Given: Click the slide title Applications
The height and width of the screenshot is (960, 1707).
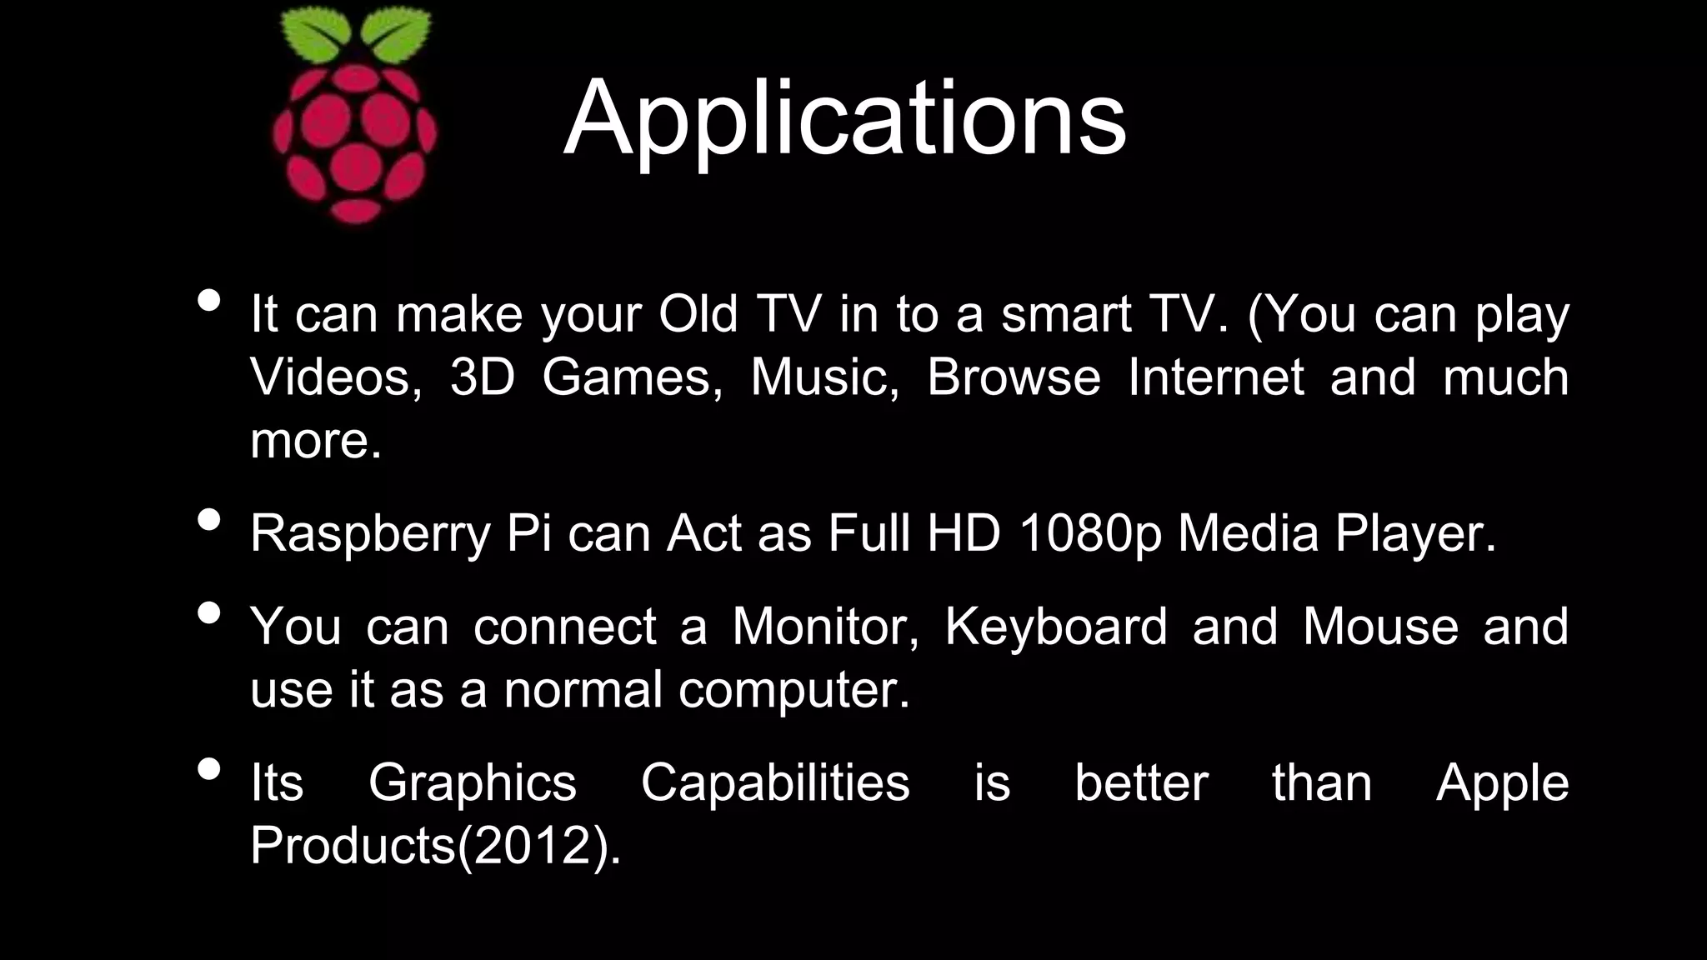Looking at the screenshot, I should tap(844, 118).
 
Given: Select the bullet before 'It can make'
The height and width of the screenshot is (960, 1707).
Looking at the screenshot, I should tap(210, 301).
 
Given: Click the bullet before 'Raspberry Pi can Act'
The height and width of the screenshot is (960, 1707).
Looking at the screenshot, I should tap(210, 520).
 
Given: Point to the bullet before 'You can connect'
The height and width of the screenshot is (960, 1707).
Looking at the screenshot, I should tap(210, 613).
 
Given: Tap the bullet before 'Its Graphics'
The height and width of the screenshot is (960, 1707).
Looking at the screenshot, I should tap(210, 769).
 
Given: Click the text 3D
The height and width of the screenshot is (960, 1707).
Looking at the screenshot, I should tap(483, 377).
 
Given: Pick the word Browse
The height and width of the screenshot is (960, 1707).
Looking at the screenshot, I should tap(1014, 377).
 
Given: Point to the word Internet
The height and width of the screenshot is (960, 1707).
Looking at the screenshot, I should tap(1215, 377).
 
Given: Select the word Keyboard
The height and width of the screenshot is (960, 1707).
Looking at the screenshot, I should tap(1055, 627).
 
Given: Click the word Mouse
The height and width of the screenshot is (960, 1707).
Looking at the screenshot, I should tap(1380, 627).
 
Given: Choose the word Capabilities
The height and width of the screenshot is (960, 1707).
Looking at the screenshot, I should tap(775, 783).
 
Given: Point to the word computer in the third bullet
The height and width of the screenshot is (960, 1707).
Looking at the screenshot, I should tap(793, 691).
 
